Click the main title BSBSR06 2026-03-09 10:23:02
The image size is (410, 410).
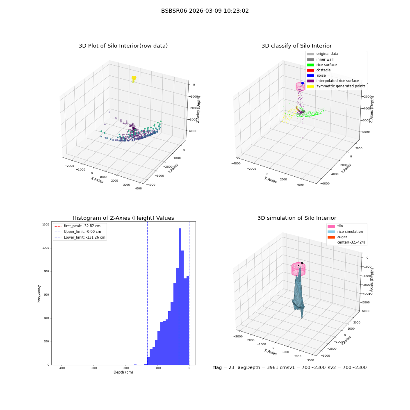205,11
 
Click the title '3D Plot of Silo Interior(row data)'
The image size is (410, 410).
123,46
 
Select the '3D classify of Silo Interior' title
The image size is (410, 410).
297,46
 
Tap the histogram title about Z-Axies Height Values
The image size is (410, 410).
123,218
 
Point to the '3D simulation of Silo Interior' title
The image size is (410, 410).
297,218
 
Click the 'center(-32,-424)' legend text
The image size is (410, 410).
351,242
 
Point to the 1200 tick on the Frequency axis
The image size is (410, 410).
46,225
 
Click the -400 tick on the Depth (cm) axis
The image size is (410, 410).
61,368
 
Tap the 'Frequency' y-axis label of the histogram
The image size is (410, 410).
39,294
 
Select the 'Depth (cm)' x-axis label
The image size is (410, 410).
123,372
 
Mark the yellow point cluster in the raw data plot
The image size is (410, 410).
134,78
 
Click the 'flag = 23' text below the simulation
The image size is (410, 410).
223,367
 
